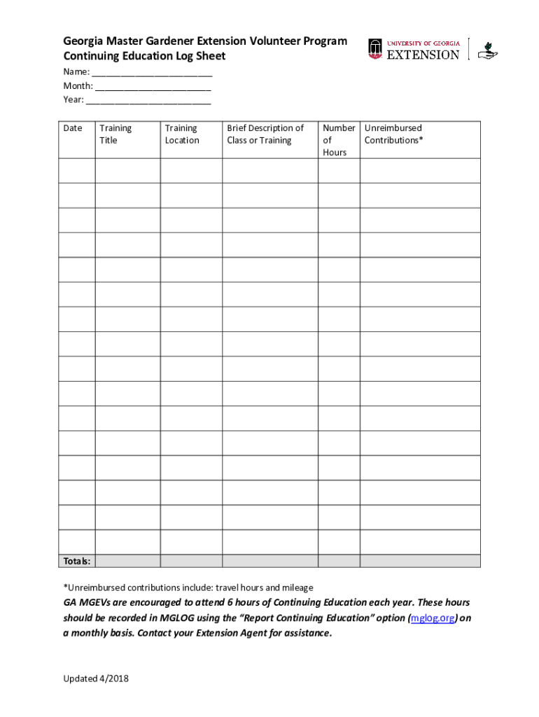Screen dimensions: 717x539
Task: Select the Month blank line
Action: coord(153,87)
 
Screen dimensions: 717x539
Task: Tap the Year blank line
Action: coord(148,101)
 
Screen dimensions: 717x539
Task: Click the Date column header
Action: coord(73,128)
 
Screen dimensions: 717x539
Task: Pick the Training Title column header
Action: coord(115,134)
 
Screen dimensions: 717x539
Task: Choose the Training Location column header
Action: coord(182,134)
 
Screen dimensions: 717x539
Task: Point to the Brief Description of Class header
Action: coord(265,134)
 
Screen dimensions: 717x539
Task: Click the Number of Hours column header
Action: coord(339,140)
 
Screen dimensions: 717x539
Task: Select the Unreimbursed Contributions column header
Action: coord(393,134)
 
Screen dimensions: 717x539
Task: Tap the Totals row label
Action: coord(77,562)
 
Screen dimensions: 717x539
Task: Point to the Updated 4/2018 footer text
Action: coord(96,678)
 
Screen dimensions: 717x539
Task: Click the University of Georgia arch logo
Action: coord(376,48)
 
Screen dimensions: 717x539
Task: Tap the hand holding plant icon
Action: coord(487,50)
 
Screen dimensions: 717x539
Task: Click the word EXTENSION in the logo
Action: coord(423,55)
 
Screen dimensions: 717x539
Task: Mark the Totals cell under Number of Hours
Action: coord(339,562)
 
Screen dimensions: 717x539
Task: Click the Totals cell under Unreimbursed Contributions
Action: coord(420,562)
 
